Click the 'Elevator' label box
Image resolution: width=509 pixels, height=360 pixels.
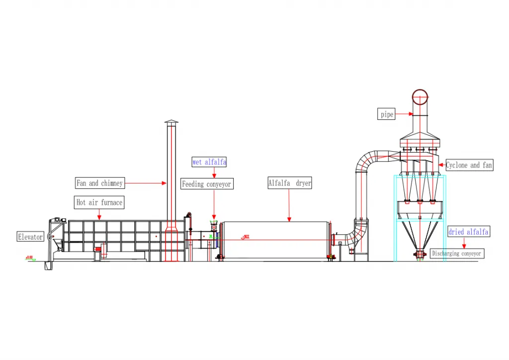[x=30, y=237]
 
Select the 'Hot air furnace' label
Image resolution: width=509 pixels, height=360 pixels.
[x=99, y=202]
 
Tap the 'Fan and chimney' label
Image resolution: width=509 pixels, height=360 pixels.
[x=99, y=183]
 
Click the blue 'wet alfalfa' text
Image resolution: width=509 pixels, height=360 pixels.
[x=209, y=162]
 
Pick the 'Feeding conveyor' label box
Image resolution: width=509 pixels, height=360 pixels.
[x=206, y=184]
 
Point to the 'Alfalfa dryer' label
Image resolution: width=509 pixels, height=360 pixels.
[x=290, y=183]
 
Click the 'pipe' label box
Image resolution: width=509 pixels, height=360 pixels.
[x=387, y=114]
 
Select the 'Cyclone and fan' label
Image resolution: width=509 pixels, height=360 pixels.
[x=469, y=165]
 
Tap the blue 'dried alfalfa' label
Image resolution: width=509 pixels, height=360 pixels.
[x=469, y=232]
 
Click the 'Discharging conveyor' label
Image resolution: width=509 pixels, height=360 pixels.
[x=456, y=254]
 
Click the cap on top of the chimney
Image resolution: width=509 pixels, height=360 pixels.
[x=171, y=122]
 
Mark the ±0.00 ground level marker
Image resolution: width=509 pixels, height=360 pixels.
[x=30, y=258]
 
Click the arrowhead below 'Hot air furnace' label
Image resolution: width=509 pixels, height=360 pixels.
[x=99, y=217]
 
